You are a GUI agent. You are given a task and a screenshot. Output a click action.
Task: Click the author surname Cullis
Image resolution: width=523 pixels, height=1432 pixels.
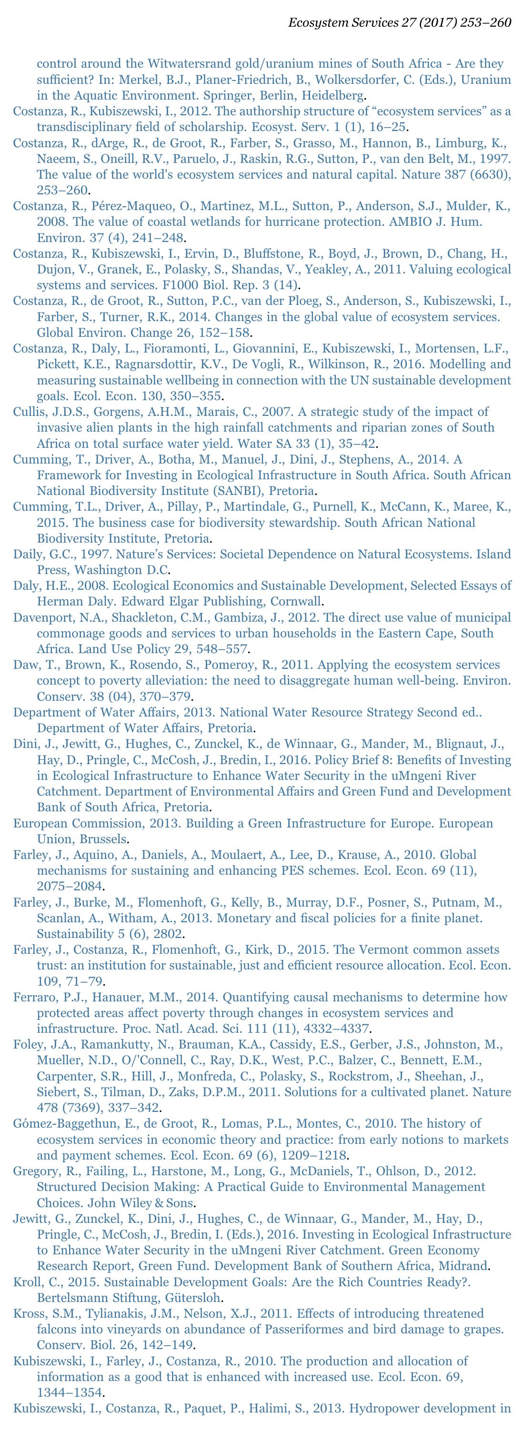[29, 412]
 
